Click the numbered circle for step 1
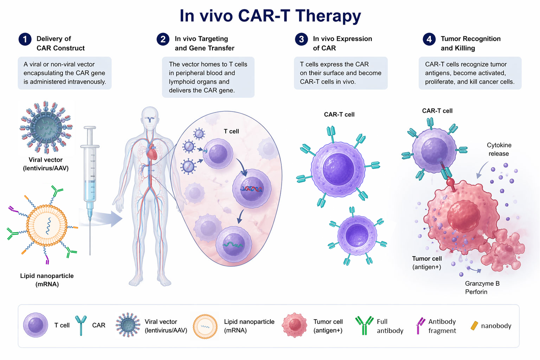tap(25, 39)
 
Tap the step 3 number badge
tap(301, 39)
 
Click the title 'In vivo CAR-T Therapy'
tap(270, 16)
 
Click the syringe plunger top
tap(90, 128)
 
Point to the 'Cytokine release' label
tap(499, 149)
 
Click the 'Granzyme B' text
tap(482, 283)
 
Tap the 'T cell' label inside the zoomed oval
tap(231, 131)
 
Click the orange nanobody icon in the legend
tap(475, 326)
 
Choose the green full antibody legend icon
tap(364, 326)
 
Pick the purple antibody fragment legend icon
tap(420, 326)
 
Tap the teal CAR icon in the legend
tap(81, 325)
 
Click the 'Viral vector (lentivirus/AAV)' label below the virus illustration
tap(46, 164)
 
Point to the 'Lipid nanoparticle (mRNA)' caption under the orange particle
tap(47, 280)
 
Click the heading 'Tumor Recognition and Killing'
tap(470, 43)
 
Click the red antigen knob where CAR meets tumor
tap(450, 183)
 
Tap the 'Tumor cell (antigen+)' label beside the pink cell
tap(427, 263)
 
